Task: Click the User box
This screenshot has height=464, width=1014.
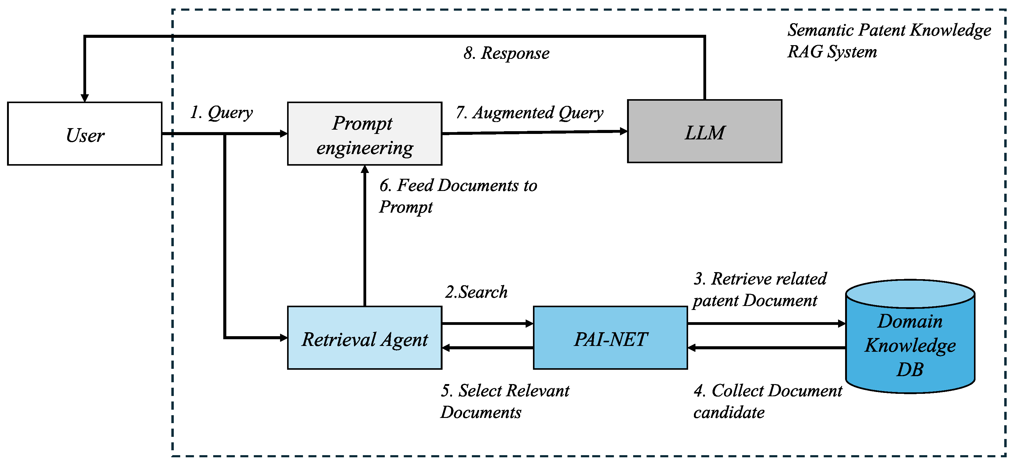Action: (x=85, y=134)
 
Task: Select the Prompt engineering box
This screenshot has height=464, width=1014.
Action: (x=364, y=134)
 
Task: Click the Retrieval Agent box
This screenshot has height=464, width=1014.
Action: (x=364, y=338)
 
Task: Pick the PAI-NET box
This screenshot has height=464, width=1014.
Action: (x=610, y=338)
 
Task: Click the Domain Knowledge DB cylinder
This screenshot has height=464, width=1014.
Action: (x=910, y=342)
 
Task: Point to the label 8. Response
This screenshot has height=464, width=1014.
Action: (x=506, y=53)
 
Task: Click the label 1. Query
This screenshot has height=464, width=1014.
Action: (x=221, y=113)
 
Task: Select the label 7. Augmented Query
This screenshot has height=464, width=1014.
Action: (x=529, y=113)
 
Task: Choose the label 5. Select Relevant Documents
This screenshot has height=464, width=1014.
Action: (x=504, y=401)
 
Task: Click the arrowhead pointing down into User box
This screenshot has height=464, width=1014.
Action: (x=85, y=98)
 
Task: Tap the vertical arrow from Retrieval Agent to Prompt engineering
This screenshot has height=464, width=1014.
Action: (x=365, y=236)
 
